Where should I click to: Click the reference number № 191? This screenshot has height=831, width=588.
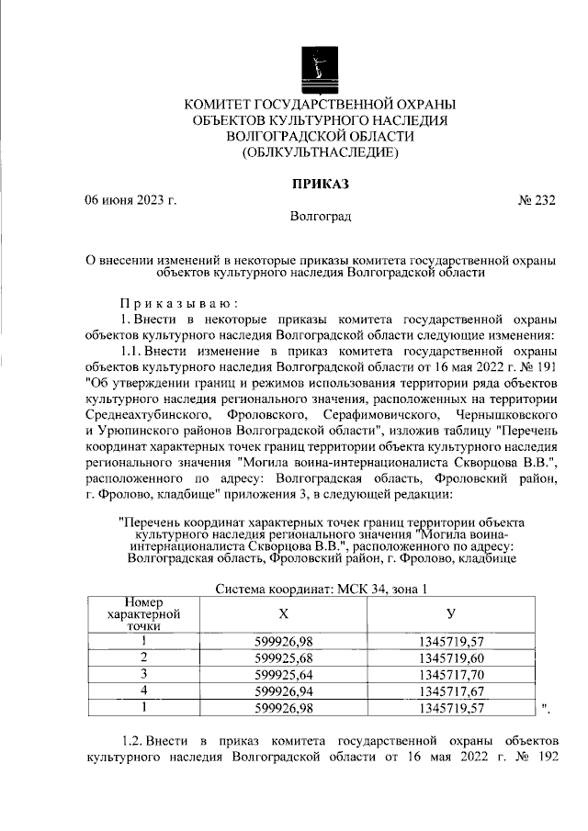[x=537, y=367]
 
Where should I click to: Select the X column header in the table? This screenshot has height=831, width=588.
[x=283, y=612]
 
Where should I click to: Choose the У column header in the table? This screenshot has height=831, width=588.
[x=450, y=612]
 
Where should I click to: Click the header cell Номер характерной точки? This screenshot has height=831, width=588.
[x=142, y=612]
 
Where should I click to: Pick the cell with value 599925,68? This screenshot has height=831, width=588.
[x=283, y=657]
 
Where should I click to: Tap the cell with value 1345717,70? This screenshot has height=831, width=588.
[x=450, y=674]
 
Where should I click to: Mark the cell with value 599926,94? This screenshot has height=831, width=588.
[x=283, y=691]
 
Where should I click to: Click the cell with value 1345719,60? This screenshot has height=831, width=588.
[x=450, y=657]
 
